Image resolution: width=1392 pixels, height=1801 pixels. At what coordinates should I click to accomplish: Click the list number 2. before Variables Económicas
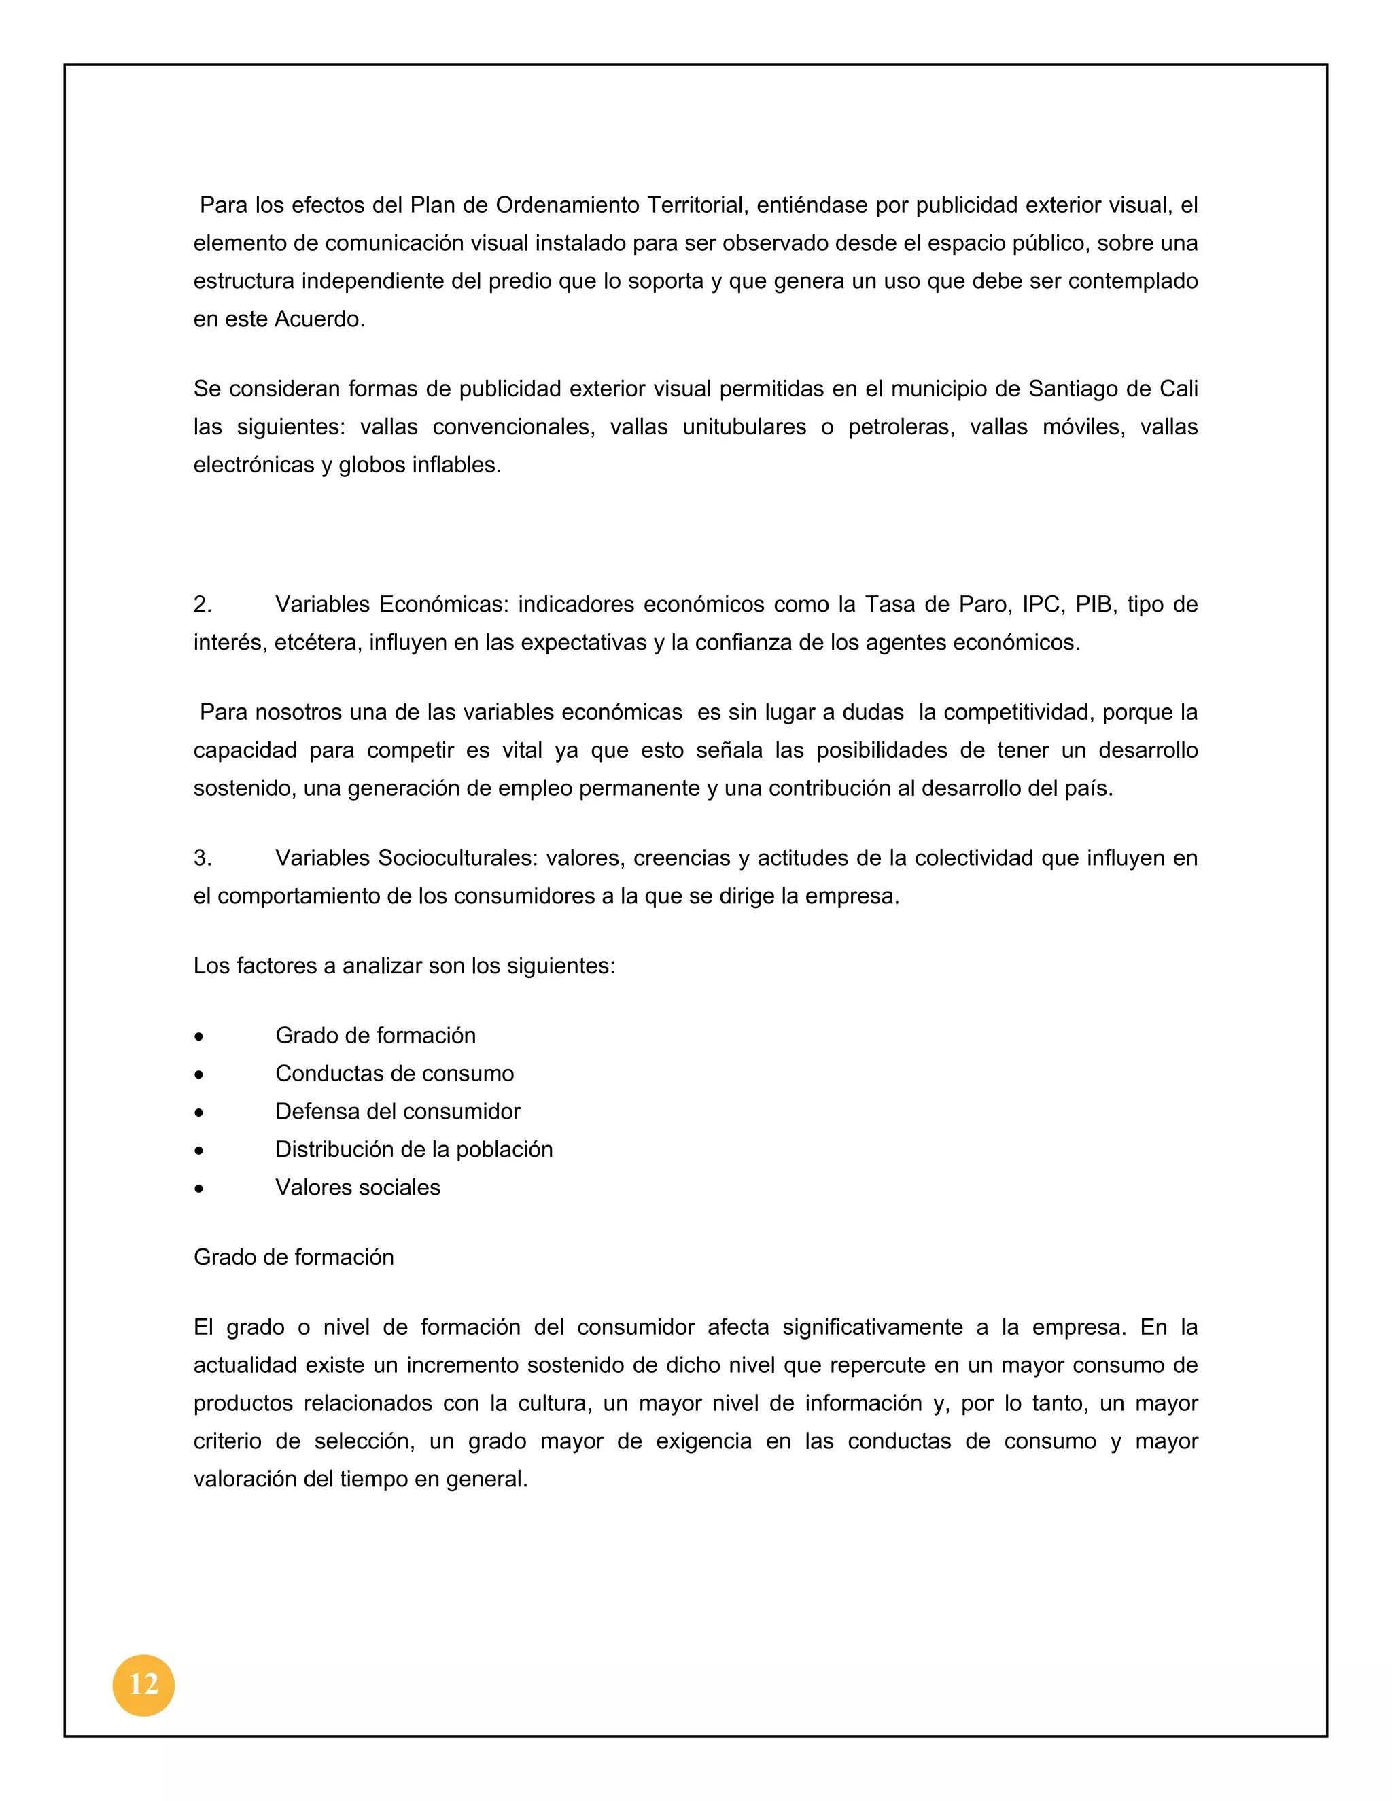tap(203, 604)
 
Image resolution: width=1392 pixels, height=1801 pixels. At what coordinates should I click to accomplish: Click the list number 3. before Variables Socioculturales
tap(203, 858)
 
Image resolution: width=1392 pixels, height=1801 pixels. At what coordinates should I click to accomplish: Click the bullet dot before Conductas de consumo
tap(198, 1074)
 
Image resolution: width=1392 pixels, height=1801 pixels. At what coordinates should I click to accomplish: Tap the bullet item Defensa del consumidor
tap(398, 1112)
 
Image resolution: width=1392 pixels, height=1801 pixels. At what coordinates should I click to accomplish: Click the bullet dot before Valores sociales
tap(198, 1188)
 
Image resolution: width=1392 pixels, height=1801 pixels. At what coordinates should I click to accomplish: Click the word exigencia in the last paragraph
tap(703, 1441)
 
